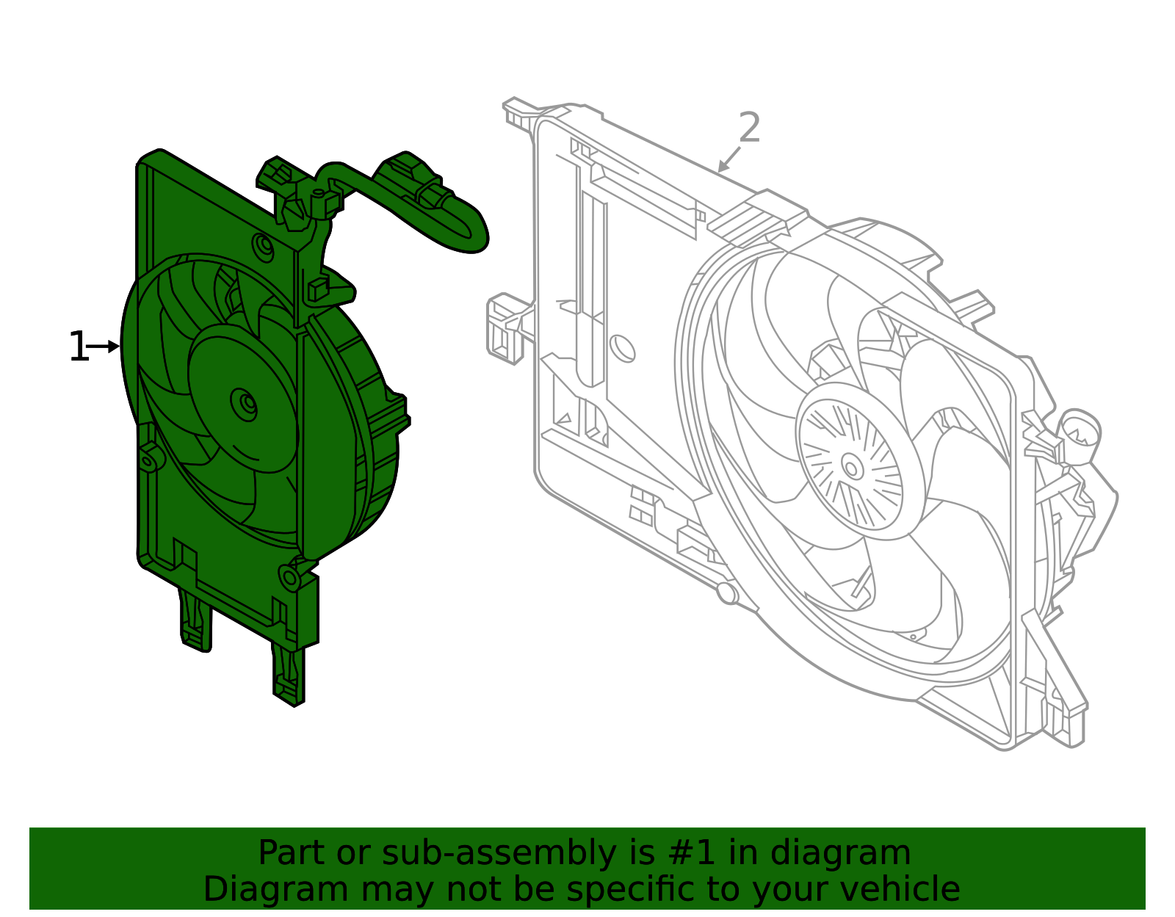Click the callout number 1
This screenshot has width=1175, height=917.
tap(77, 347)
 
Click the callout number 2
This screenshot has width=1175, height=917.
tap(748, 128)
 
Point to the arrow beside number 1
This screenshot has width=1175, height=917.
tap(104, 346)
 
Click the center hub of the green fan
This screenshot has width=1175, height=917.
tap(245, 404)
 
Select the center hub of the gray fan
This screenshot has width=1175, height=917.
tap(852, 466)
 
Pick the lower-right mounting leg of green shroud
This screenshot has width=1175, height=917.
tap(289, 672)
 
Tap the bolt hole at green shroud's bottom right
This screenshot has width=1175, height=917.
tap(291, 578)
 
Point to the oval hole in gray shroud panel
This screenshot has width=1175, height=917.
tap(623, 347)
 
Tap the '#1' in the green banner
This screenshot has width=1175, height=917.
tap(690, 853)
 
